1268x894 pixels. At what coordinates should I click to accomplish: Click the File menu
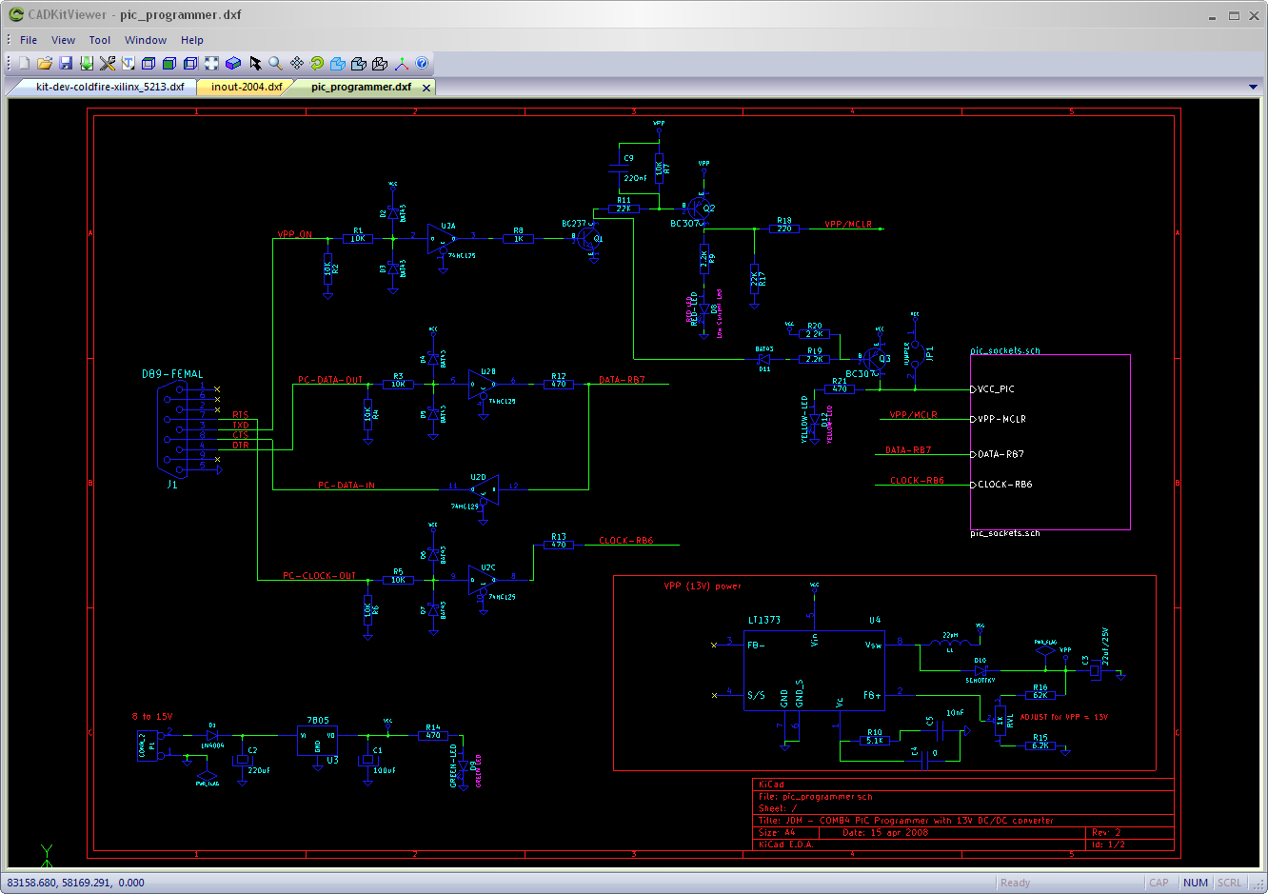coord(29,40)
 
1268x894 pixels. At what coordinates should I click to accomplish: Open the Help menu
coord(192,40)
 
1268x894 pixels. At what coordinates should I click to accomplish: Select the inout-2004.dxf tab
coord(247,87)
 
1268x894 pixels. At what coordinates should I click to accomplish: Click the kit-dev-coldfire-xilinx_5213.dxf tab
coord(109,87)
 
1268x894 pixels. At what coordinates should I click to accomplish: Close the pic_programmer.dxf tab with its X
coord(426,88)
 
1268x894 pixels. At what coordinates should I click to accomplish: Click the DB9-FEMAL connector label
coord(172,374)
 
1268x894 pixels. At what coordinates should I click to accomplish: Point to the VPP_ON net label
coord(294,234)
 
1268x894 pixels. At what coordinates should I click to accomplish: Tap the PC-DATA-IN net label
coord(347,486)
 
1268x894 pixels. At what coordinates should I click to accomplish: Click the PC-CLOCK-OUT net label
coord(319,576)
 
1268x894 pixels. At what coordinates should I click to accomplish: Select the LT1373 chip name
coord(763,620)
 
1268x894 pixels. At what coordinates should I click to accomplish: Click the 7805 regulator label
coord(318,721)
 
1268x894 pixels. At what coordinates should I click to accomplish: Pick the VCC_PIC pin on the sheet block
coord(996,389)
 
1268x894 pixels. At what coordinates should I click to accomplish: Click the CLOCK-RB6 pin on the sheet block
coord(1004,485)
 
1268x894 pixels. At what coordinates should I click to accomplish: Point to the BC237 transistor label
coord(574,224)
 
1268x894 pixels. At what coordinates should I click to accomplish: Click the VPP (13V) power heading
coord(702,586)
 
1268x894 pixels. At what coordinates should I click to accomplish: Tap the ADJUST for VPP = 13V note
coord(1063,717)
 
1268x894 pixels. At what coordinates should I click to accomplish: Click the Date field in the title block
coord(884,832)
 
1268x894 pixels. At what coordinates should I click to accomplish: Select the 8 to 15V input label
coord(152,717)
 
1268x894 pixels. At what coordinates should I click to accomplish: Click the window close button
coord(1254,15)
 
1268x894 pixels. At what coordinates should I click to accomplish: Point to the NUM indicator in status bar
coord(1195,883)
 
